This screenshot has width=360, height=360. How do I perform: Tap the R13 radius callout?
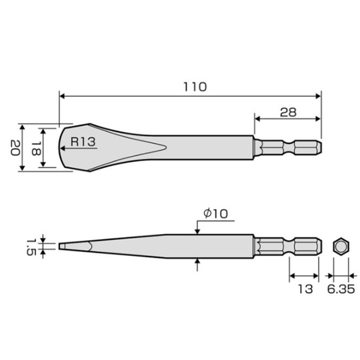(x=83, y=140)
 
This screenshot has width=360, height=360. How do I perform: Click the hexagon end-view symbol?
(x=340, y=245)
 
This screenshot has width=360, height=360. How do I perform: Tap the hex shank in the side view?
(x=289, y=245)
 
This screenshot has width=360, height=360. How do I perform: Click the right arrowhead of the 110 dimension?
(x=318, y=96)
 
